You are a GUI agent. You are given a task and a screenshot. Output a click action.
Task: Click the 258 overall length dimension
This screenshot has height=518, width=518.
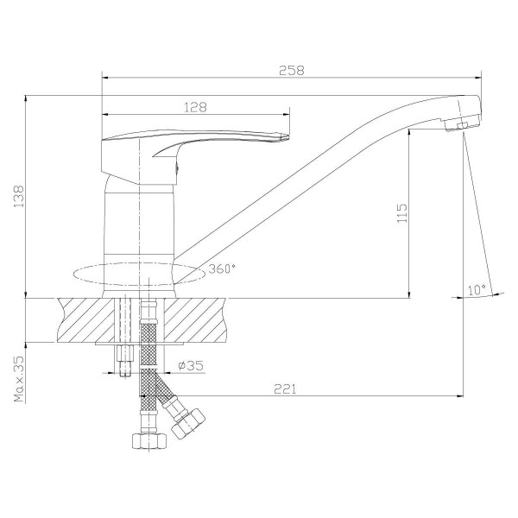click(x=292, y=71)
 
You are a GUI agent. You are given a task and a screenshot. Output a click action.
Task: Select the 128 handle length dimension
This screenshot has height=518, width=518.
click(x=195, y=107)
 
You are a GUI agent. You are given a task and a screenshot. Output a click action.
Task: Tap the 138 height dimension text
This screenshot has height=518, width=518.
click(x=19, y=196)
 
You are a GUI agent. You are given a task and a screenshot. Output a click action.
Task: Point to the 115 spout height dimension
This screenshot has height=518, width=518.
click(x=402, y=213)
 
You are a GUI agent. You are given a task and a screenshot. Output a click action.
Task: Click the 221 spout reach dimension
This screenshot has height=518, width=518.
click(x=286, y=388)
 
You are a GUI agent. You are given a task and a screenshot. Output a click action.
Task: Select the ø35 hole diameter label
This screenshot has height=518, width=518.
click(x=191, y=365)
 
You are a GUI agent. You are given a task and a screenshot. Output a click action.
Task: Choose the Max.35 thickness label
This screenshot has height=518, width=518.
click(x=19, y=379)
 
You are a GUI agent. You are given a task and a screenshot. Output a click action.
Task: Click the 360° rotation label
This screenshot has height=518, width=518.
click(x=222, y=268)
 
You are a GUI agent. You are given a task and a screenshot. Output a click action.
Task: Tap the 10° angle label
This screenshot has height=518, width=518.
click(x=477, y=290)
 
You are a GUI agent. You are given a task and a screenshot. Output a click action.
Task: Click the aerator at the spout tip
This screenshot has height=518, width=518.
click(x=462, y=123)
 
